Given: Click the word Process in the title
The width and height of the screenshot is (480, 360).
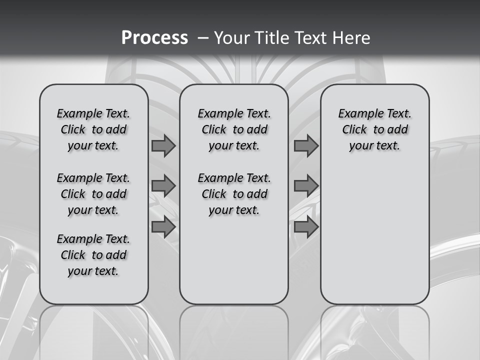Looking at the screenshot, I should coord(154,38).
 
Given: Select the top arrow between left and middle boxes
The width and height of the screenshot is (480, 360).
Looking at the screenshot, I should coord(163,146).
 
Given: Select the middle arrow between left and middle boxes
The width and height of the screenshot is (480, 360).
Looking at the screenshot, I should coord(163,186).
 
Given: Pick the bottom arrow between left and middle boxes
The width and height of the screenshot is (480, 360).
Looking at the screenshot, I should coord(163,227).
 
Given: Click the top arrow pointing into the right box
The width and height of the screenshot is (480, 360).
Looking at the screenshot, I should coord(306,146).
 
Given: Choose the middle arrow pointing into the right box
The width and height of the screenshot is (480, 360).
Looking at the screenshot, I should coord(306,186).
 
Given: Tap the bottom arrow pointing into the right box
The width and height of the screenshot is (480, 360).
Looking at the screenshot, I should coord(306,227).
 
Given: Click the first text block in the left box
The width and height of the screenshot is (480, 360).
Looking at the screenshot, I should coord(93,129).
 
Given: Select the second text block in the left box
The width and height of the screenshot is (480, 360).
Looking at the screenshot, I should coord(93,194).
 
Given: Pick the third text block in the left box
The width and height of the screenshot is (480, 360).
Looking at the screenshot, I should coord(93,255).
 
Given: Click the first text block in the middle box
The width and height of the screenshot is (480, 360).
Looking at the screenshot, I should coord(234,129).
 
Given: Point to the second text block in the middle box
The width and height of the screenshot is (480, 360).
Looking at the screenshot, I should coord(234,194).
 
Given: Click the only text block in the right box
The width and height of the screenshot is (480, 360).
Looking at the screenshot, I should coord(374,129).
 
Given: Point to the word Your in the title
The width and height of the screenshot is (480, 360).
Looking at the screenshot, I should coord(231,38).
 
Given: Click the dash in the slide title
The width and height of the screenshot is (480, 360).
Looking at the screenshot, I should coord(203,38).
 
